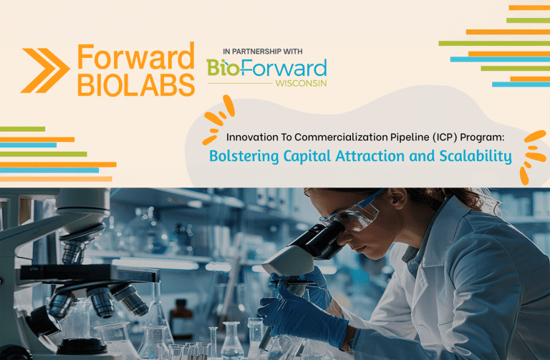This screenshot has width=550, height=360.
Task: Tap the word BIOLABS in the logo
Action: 135,84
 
